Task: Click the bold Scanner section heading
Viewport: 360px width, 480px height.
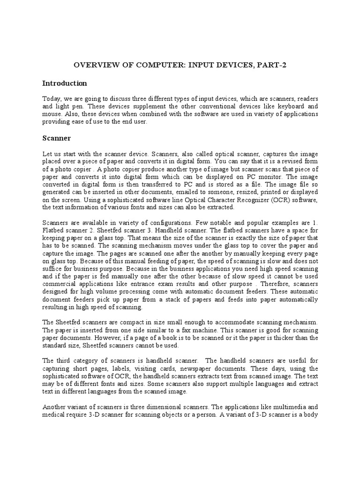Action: coord(57,138)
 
